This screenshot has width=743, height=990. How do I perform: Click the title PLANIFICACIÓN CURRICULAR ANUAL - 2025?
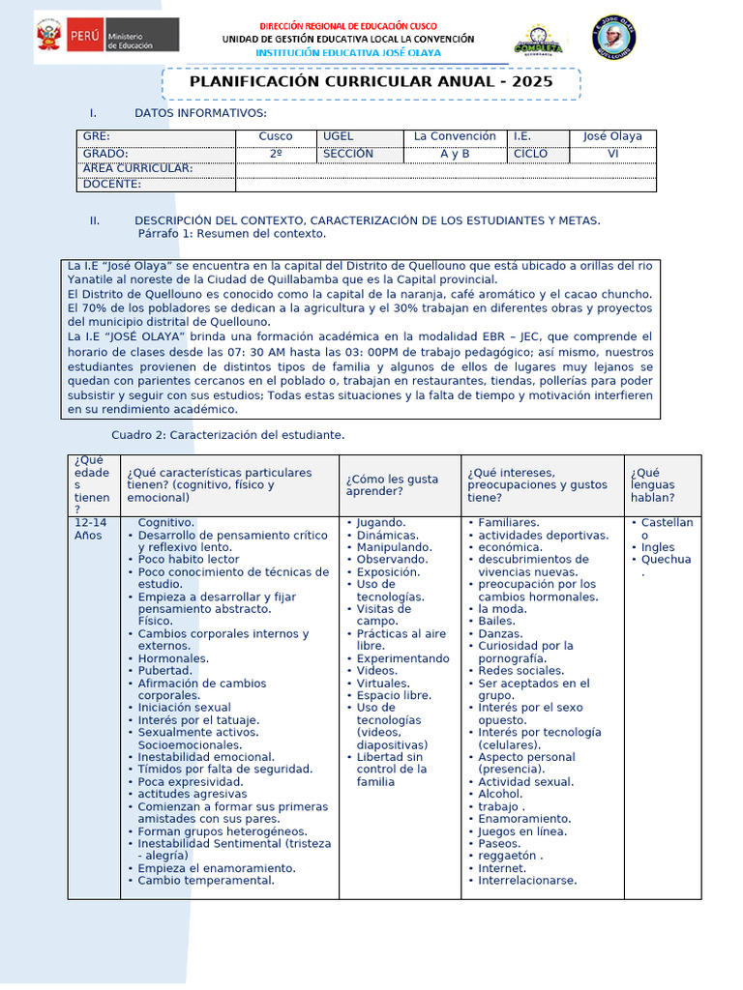[371, 82]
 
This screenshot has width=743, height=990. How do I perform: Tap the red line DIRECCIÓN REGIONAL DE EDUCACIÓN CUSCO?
[348, 25]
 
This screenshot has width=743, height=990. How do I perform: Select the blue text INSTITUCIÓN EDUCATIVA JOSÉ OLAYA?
[348, 52]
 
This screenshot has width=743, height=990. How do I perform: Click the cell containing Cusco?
[276, 136]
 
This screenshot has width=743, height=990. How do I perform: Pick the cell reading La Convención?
[455, 136]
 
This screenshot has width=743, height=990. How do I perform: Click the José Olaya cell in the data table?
[612, 136]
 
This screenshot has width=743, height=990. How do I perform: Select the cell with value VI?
[612, 154]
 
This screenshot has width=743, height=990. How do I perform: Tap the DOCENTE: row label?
[112, 184]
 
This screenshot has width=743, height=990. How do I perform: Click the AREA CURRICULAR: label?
[137, 168]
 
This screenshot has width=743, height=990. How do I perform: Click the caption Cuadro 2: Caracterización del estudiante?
[227, 435]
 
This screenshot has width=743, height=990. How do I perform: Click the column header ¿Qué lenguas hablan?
[653, 484]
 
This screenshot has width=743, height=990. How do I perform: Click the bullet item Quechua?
[667, 559]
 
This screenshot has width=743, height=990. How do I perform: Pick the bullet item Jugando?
[381, 522]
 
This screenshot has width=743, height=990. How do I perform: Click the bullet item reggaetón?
[510, 856]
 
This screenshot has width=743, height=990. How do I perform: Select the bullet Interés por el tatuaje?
[198, 720]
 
